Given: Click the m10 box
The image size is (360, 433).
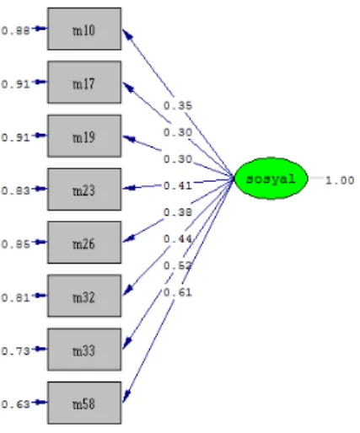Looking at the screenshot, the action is click(x=84, y=29).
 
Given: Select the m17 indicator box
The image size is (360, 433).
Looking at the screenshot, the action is click(x=84, y=83).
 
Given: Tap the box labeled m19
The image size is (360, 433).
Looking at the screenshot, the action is click(x=84, y=136).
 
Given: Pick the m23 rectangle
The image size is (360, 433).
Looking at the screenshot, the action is click(x=84, y=190).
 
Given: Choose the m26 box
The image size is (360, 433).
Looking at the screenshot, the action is click(x=84, y=243).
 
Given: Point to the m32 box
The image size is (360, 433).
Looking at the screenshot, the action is click(x=84, y=296).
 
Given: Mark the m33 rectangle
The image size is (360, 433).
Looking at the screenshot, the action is click(x=84, y=350).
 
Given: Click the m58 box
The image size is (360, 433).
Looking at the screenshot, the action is click(x=84, y=403).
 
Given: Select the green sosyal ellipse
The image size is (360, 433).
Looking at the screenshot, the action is click(x=271, y=179).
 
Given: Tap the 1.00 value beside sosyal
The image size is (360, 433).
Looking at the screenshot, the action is click(x=340, y=180).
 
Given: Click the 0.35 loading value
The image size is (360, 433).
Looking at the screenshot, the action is click(x=178, y=106).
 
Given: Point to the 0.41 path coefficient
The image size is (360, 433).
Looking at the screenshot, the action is click(x=178, y=185).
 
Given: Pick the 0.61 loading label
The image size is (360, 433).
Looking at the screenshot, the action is click(x=178, y=292).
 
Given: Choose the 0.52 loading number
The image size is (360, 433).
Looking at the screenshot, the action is click(x=178, y=265).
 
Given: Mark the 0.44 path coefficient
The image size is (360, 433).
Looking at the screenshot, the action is click(x=178, y=239).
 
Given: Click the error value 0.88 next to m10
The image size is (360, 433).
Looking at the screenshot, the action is click(x=15, y=30).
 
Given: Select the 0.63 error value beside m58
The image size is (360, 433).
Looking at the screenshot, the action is click(x=15, y=404).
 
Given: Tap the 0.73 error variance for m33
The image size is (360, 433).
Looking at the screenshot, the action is click(x=15, y=351).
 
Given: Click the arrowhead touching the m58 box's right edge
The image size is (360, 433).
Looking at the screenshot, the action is click(x=126, y=397).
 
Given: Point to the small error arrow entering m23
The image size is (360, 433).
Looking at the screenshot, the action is click(x=40, y=189).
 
